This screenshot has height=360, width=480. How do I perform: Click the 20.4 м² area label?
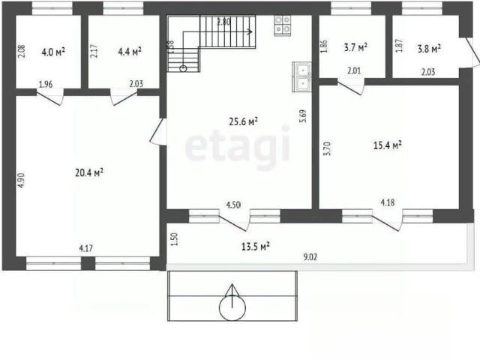[x=89, y=173]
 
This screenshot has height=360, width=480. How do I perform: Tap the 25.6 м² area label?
[x=243, y=121]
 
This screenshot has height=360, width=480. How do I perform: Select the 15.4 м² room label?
[x=388, y=145]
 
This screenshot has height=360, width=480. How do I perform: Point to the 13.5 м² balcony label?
[x=256, y=247]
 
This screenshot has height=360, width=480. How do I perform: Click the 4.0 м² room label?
[x=53, y=52]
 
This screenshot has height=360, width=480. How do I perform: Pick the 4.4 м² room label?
[x=130, y=52]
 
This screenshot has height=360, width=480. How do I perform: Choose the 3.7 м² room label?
[x=355, y=47]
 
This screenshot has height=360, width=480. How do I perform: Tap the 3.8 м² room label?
[x=429, y=49]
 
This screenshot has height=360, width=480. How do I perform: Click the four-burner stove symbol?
[x=283, y=25]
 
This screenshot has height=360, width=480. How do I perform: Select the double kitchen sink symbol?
[x=301, y=76]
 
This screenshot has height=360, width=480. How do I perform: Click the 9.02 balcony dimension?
[x=310, y=257]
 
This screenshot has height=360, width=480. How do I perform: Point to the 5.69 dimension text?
[x=303, y=116]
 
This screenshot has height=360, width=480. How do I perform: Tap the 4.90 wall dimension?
[x=20, y=180]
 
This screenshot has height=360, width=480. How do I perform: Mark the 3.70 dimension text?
[x=328, y=148]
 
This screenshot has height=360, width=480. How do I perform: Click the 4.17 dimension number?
[x=86, y=248]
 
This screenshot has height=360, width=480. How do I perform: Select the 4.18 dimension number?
[x=388, y=202]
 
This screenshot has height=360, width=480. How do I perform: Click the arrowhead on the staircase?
[x=250, y=31]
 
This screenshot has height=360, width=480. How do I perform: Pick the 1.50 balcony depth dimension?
[x=175, y=239]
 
